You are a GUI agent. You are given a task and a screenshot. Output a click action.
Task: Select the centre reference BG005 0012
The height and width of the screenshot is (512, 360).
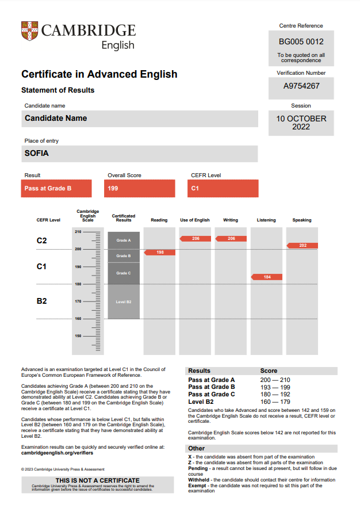tap(301, 42)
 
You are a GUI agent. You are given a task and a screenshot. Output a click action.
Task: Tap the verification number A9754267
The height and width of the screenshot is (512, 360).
tap(301, 86)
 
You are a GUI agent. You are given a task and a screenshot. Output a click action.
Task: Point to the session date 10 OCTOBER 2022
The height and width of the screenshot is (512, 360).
tap(301, 123)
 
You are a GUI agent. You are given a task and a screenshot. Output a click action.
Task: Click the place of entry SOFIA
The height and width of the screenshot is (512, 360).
tap(37, 154)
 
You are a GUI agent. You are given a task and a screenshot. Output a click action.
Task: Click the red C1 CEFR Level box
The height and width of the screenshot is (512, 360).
tap(223, 188)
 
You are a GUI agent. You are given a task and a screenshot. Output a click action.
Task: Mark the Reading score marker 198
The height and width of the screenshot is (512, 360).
tap(159, 253)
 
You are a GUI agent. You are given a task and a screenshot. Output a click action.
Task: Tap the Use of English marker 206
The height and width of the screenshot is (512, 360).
tap(195, 238)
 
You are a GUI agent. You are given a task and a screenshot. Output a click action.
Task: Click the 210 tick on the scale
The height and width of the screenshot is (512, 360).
tap(78, 232)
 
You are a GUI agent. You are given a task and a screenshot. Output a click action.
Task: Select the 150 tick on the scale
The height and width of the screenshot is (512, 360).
tap(78, 336)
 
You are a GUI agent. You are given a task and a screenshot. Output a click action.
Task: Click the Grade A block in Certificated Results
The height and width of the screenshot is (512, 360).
tap(124, 240)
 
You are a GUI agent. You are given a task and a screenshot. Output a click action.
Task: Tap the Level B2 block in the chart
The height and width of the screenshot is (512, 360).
tap(124, 301)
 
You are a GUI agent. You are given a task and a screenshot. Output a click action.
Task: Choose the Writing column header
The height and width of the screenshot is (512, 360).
tap(231, 220)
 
